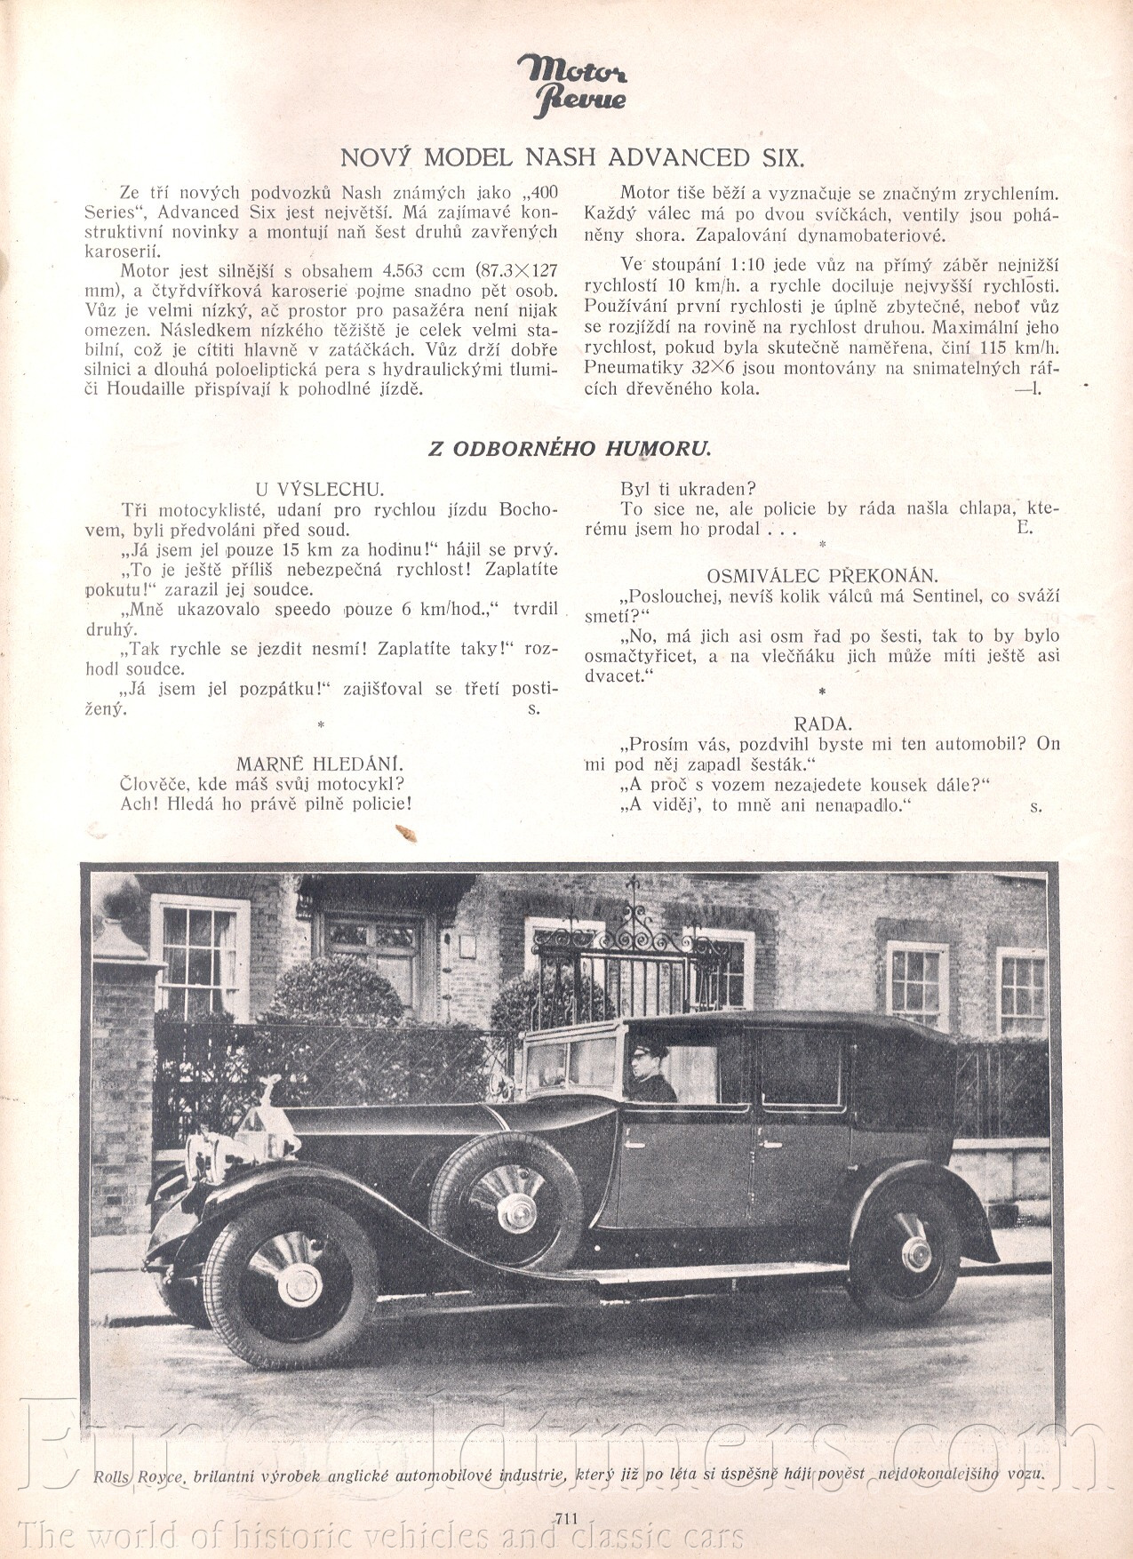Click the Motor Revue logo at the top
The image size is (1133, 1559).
coord(573,85)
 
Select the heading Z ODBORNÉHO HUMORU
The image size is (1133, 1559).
coord(570,448)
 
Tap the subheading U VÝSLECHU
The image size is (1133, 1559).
coord(319,489)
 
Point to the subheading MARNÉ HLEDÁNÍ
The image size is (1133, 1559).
coord(320,764)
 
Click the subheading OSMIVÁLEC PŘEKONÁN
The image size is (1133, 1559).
coord(822,575)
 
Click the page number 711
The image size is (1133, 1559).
coord(566,1519)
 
